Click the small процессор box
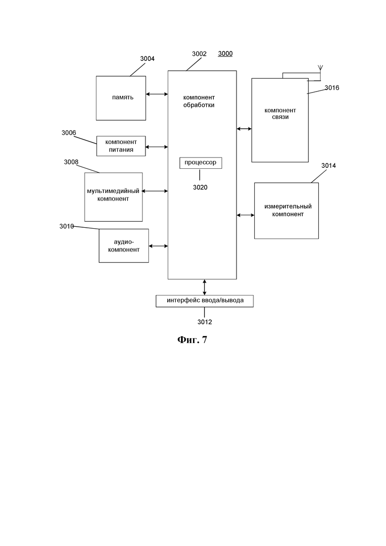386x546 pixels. [200, 163]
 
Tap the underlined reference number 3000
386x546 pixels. [225, 53]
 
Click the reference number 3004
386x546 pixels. [147, 59]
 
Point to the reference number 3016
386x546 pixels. [332, 88]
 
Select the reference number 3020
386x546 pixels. [200, 187]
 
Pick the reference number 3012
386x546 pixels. [205, 322]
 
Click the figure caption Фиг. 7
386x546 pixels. [192, 340]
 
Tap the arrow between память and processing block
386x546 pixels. [157, 94]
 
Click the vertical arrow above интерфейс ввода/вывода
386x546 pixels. [204, 287]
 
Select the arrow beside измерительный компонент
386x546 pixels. [245, 215]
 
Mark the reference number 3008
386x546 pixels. [71, 162]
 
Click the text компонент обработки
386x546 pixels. [199, 101]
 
